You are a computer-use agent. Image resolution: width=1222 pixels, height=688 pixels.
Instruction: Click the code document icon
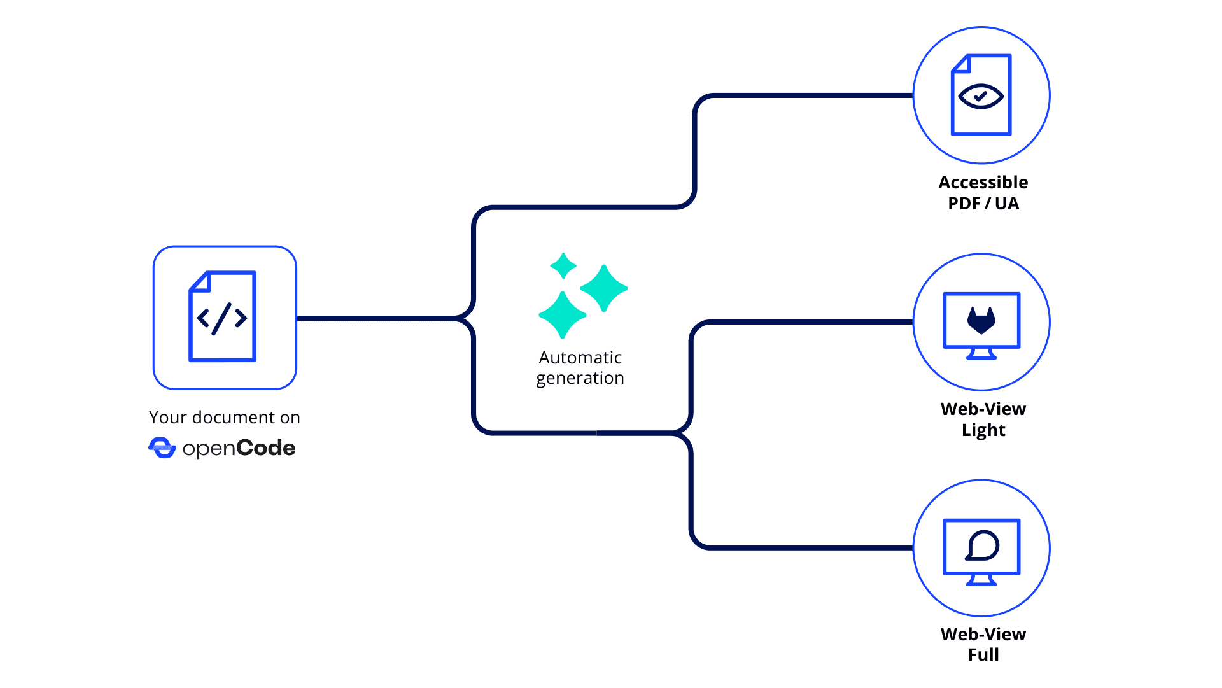[223, 317]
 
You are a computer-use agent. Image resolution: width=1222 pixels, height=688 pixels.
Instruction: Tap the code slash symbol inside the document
[222, 318]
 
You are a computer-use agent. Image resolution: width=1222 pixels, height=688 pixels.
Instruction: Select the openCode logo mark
[162, 448]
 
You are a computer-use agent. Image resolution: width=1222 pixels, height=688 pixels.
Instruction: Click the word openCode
[239, 449]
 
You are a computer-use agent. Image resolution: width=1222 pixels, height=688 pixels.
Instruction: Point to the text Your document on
[224, 418]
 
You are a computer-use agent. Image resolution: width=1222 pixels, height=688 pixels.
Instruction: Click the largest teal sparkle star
[603, 288]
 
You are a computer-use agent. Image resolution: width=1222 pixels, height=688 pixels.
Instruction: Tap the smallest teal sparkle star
[563, 266]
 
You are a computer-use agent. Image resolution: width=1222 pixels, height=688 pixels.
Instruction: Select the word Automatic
[580, 358]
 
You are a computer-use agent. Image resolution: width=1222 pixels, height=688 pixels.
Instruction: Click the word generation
[580, 378]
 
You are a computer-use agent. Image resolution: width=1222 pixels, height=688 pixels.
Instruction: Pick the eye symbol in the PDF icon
[981, 97]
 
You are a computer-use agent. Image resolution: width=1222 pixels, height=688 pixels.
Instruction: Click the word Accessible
[983, 183]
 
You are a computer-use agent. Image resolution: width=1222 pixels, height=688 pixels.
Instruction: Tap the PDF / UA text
[983, 204]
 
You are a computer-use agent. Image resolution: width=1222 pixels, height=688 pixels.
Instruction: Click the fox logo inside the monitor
[981, 320]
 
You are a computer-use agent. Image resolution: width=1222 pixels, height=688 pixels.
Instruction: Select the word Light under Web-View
[983, 430]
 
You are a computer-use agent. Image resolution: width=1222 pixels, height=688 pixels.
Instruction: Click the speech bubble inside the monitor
[982, 545]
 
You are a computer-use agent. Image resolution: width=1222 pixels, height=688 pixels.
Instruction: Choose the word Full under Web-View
[983, 655]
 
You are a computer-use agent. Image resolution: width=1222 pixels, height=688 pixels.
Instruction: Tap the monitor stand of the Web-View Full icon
[981, 579]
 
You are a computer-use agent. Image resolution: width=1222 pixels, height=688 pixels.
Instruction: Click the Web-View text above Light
[983, 409]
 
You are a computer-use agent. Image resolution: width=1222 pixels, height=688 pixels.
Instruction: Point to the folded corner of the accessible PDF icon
[960, 64]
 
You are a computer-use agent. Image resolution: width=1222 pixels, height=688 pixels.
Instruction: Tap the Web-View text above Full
[983, 635]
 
